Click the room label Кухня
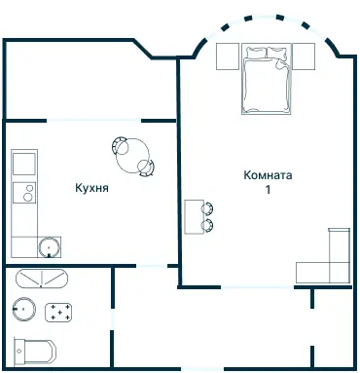click(x=91, y=188)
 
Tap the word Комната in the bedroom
click(x=268, y=175)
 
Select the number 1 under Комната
click(x=268, y=190)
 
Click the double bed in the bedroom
click(x=266, y=79)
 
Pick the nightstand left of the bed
click(x=228, y=56)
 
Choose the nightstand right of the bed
click(x=304, y=56)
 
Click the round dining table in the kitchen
click(x=132, y=156)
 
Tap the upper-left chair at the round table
click(x=119, y=145)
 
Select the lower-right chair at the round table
click(x=147, y=168)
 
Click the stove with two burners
click(x=24, y=193)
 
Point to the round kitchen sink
click(x=49, y=247)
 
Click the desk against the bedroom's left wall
click(x=195, y=217)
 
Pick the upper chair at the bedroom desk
click(x=207, y=208)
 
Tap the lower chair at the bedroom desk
click(x=207, y=226)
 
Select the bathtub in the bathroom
click(x=42, y=279)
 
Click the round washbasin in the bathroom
click(x=24, y=310)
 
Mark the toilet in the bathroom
click(x=35, y=352)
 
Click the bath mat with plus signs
click(x=58, y=313)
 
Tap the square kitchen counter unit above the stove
click(x=24, y=164)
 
